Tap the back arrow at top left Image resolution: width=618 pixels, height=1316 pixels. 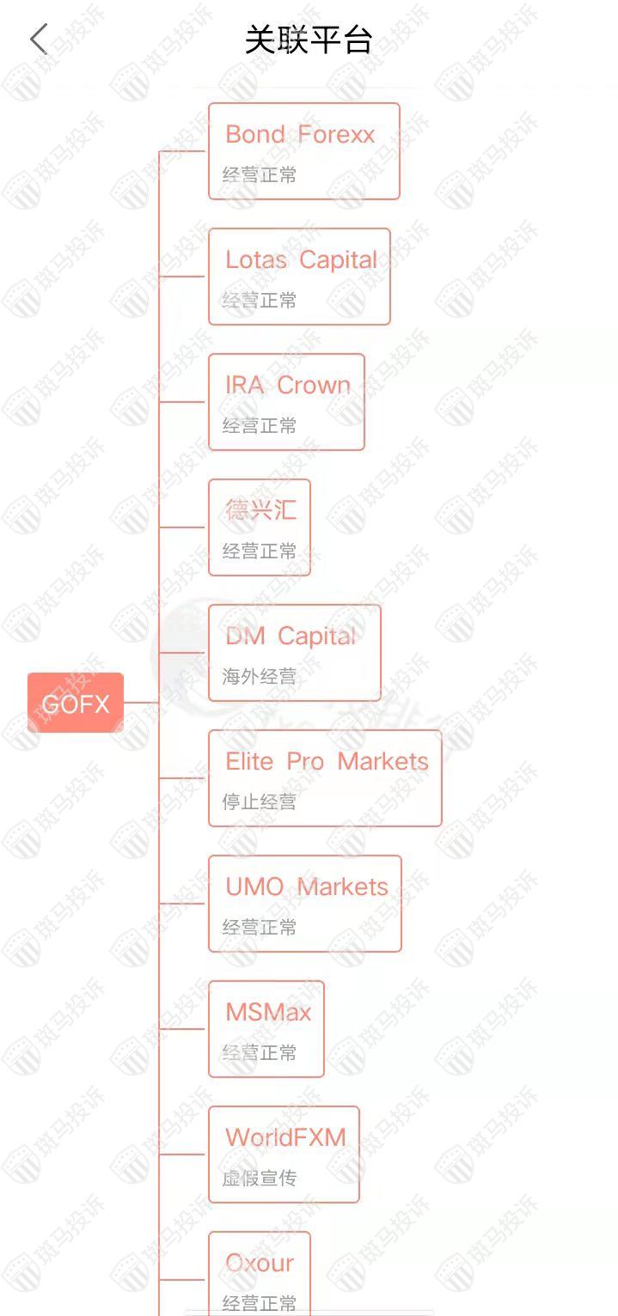tap(39, 40)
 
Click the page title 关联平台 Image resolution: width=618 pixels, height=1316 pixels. tap(309, 40)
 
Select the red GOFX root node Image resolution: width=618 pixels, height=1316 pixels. tap(76, 703)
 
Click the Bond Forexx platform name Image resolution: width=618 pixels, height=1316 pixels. tap(300, 135)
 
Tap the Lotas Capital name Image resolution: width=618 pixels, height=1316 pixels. tap(301, 260)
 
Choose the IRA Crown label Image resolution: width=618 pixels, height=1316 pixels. tap(288, 386)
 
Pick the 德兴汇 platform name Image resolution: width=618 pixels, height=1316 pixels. tap(260, 509)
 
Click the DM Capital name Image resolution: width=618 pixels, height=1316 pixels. tap(291, 637)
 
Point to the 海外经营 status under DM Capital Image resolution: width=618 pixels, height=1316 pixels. tap(260, 677)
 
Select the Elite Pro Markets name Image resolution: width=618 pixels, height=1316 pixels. tap(327, 761)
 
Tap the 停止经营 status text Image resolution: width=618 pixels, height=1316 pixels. tap(260, 802)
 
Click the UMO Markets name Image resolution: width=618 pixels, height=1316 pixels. tap(307, 886)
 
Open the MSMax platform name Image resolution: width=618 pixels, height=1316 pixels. tap(268, 1012)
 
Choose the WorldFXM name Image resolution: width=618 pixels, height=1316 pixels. tap(285, 1137)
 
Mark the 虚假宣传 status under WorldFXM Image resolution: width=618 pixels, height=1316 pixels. tap(260, 1178)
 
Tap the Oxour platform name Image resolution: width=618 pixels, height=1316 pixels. tap(260, 1263)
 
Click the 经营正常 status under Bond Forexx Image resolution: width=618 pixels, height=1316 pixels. tap(260, 175)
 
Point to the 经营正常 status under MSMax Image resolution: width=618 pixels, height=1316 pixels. tap(260, 1053)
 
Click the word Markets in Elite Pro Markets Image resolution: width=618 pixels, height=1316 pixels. tap(382, 761)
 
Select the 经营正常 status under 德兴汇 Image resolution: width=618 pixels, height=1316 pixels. tap(260, 551)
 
